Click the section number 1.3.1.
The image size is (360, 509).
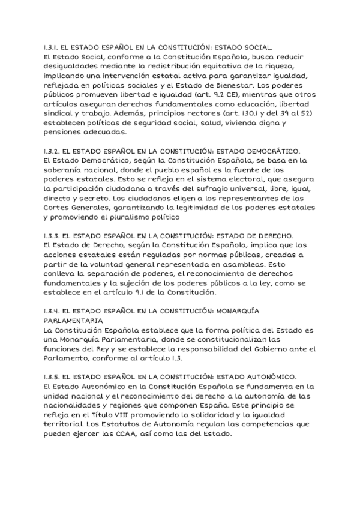pos(51,46)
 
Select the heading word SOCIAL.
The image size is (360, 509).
pos(258,46)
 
